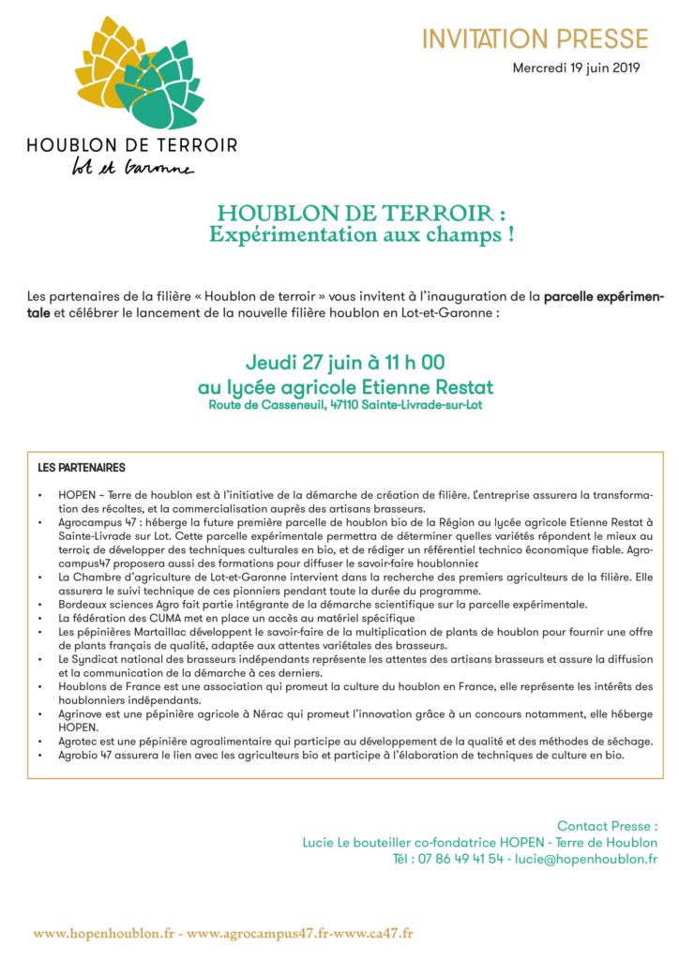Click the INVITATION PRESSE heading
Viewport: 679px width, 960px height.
(x=535, y=39)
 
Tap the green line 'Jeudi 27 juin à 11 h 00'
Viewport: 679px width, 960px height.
(x=345, y=363)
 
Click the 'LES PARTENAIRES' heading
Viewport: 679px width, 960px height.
(x=82, y=467)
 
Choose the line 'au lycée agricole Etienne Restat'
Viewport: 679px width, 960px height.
(x=345, y=386)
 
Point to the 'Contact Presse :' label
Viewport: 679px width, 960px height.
(x=607, y=826)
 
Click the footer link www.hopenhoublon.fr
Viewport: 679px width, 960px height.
(x=105, y=933)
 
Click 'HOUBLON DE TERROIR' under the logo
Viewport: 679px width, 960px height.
(x=132, y=145)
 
